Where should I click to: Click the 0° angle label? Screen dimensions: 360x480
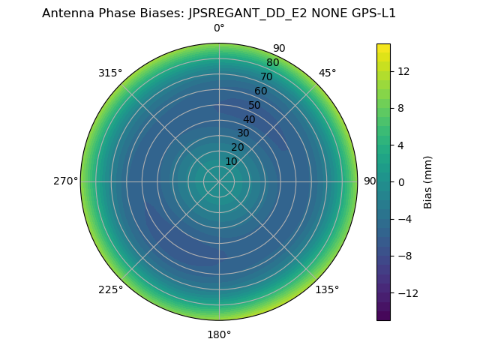click(x=219, y=28)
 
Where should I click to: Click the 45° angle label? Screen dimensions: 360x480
click(x=328, y=73)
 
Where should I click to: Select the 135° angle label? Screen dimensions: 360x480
click(x=327, y=289)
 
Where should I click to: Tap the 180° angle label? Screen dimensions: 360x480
click(x=219, y=334)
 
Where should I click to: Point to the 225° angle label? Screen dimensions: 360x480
click(x=110, y=289)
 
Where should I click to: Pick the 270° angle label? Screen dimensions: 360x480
click(x=65, y=181)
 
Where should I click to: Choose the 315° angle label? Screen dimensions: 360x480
click(x=110, y=73)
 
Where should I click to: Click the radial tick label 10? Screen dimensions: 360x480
click(x=231, y=161)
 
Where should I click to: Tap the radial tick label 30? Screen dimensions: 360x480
click(x=243, y=133)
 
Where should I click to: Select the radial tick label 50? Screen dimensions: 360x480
click(x=255, y=105)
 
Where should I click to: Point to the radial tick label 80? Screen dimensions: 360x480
click(x=273, y=62)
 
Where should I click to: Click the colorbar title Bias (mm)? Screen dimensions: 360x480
click(x=428, y=181)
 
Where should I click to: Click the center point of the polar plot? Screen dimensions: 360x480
click(x=219, y=181)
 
